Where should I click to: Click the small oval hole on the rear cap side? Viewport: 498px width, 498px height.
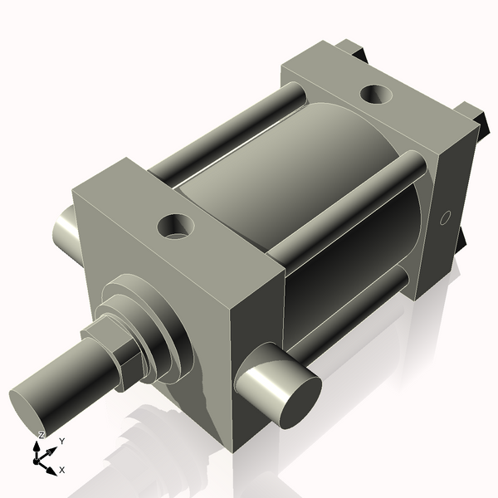[445, 218]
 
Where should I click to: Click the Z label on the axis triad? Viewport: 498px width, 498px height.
[41, 436]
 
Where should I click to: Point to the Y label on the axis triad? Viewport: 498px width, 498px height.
[62, 442]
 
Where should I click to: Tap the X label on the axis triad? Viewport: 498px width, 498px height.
[62, 470]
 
